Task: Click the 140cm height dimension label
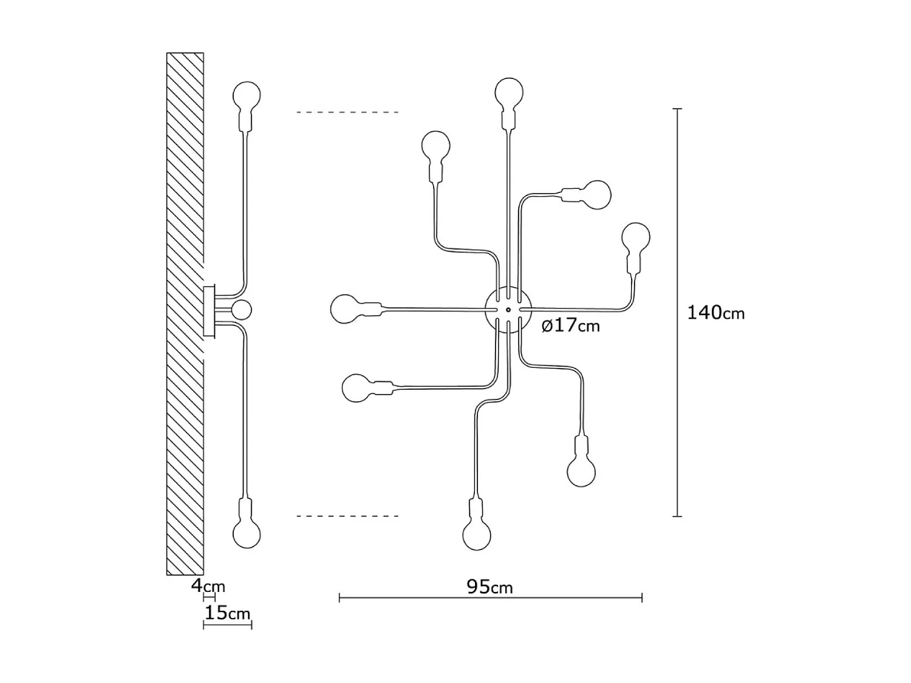coord(715,313)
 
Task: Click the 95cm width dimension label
coord(490,587)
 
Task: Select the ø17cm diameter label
coord(570,325)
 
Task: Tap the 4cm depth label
coord(208,586)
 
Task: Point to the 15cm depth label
coord(227,613)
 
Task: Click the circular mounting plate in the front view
coord(508,310)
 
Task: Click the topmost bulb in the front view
coord(509,92)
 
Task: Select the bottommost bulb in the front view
coord(476,535)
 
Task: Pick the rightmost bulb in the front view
coord(636,237)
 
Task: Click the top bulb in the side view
coord(247,95)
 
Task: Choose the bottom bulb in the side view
coord(247,533)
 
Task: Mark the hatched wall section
coord(185,313)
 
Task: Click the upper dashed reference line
coord(347,112)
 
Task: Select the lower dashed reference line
coord(347,516)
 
